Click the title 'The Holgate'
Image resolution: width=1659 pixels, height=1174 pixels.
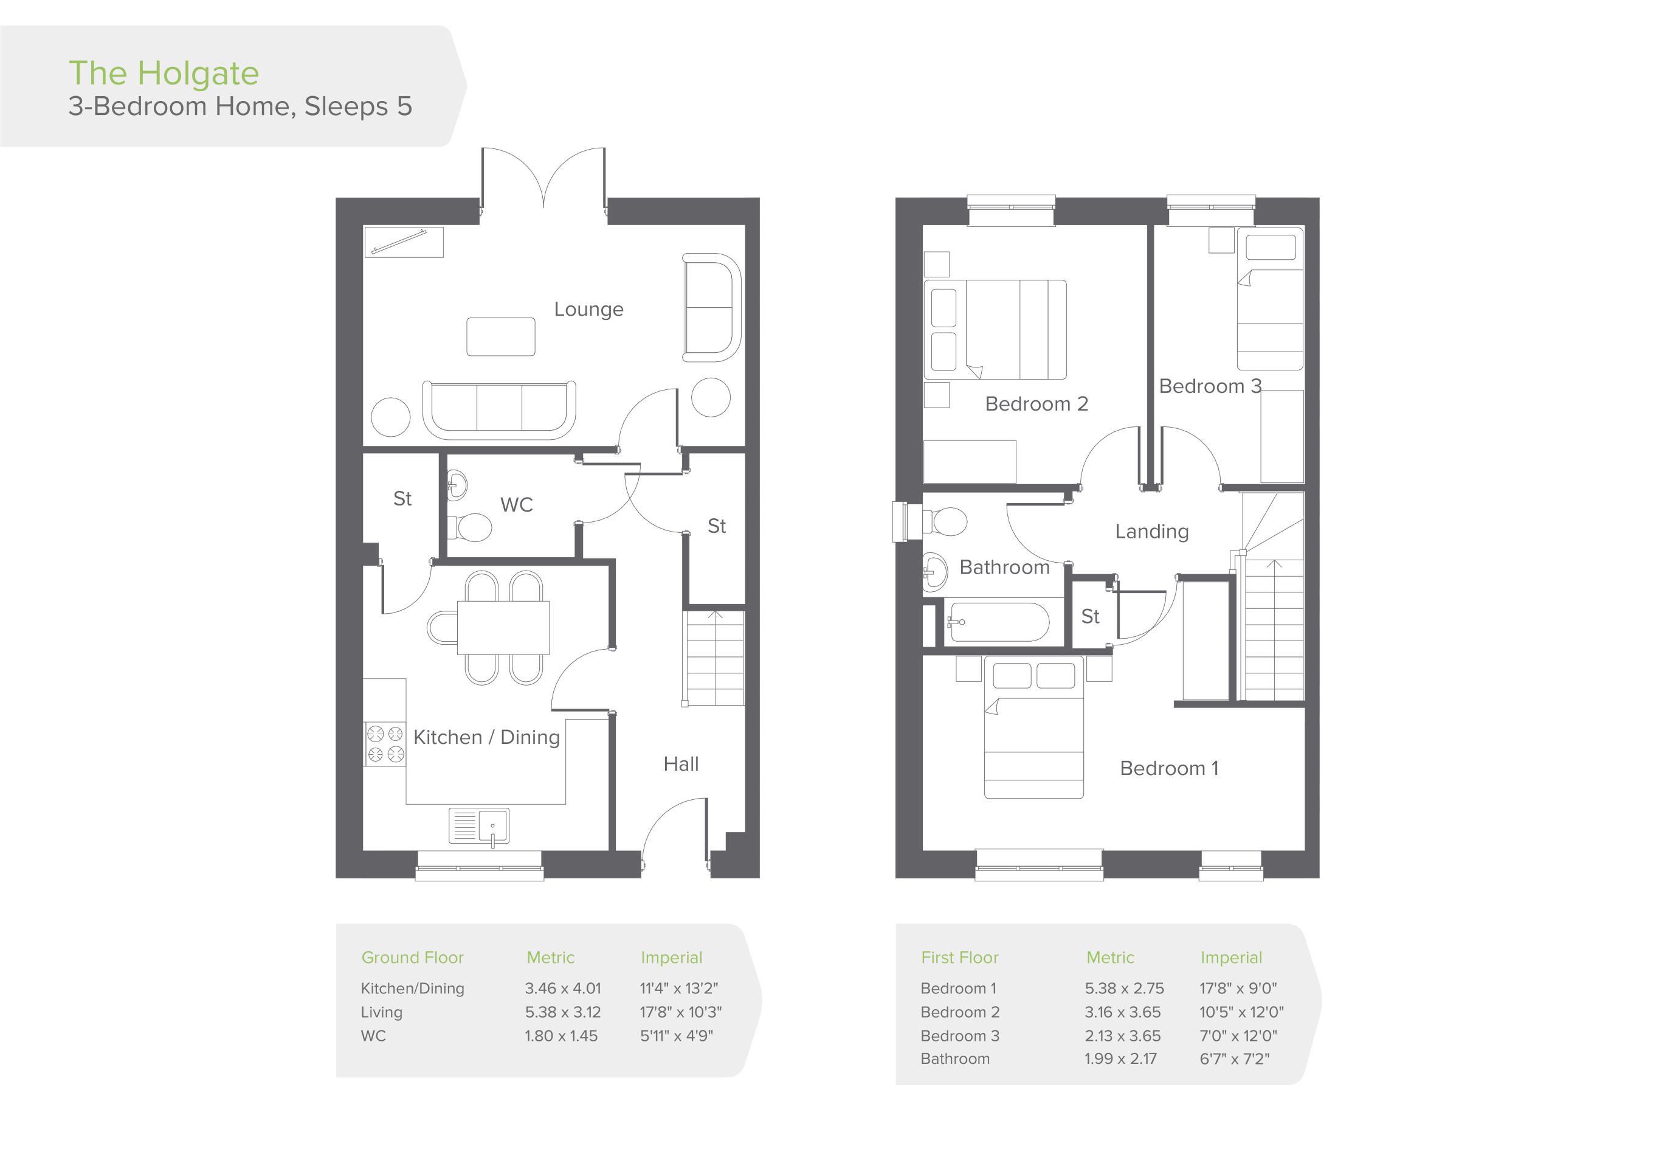tap(164, 73)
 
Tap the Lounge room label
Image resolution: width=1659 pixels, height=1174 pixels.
tap(588, 310)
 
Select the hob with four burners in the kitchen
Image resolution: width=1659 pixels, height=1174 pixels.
tap(384, 744)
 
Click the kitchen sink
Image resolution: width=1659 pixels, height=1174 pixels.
tap(479, 825)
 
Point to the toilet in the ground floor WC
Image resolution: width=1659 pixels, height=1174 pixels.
tap(470, 528)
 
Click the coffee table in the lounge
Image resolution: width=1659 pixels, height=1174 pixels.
tap(501, 337)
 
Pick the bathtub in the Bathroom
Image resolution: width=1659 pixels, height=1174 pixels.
tap(999, 622)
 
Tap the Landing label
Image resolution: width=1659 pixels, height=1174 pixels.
tap(1152, 531)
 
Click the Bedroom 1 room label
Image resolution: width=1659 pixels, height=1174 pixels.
tap(1169, 768)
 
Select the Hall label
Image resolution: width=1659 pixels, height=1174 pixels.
tap(681, 763)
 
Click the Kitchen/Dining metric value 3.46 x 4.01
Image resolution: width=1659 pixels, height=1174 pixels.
tap(563, 988)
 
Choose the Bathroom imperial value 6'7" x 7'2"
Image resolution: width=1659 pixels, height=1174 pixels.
tap(1235, 1058)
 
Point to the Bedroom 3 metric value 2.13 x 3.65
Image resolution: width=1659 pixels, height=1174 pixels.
tap(1123, 1035)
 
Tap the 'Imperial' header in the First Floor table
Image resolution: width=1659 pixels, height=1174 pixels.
tap(1231, 958)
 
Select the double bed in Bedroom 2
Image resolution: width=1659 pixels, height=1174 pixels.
tap(995, 330)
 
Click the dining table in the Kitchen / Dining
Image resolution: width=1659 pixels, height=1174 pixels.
tap(503, 628)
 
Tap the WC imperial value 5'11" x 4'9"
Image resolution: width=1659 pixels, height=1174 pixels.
tap(677, 1035)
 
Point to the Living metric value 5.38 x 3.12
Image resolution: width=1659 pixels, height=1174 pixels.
tap(563, 1012)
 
